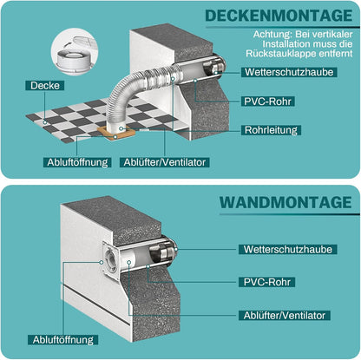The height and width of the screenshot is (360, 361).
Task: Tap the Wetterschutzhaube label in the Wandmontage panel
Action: click(x=287, y=249)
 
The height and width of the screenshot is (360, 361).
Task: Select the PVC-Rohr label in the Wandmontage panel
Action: click(x=267, y=282)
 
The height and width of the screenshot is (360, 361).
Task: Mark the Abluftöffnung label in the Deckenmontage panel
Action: click(x=75, y=161)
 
